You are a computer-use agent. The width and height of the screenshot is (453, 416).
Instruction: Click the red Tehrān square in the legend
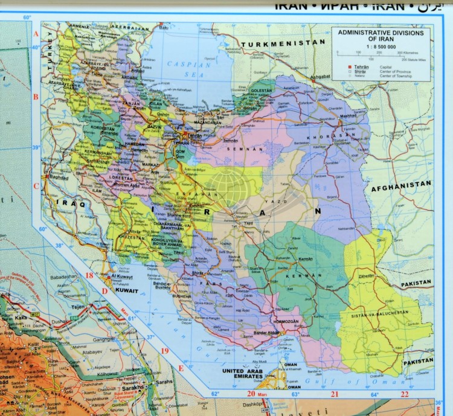pos(349,67)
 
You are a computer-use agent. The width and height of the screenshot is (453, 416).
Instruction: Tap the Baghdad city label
pos(60,179)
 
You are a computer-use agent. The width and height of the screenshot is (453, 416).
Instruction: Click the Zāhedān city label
pos(368,274)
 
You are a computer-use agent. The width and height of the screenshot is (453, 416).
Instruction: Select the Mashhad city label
pos(349,116)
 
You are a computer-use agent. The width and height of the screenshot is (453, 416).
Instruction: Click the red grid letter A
pos(36,33)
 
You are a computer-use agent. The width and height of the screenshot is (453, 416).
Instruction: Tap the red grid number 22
pos(405,394)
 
